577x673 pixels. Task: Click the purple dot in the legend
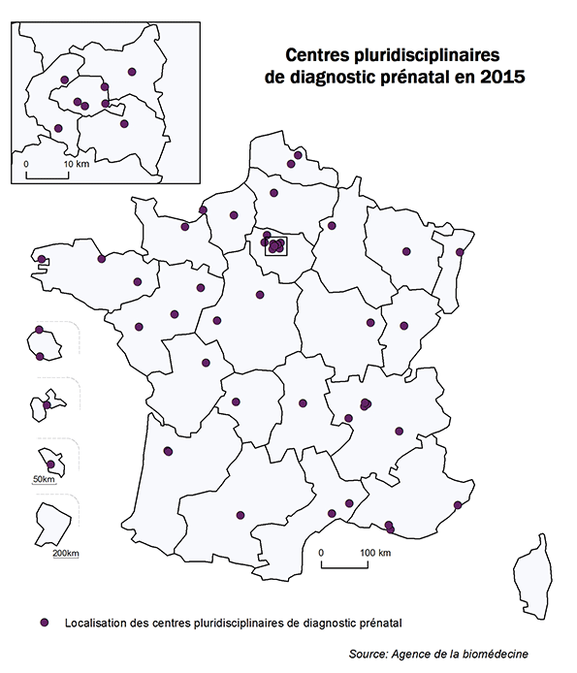pos(43,622)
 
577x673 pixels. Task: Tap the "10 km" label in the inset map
pos(76,165)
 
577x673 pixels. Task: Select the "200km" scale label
pos(66,553)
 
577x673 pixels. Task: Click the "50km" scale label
pos(45,479)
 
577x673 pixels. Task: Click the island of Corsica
pos(532,575)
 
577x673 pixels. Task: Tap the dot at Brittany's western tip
pos(42,259)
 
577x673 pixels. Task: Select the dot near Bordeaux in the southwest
pos(168,450)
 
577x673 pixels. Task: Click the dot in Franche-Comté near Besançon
pos(404,327)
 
